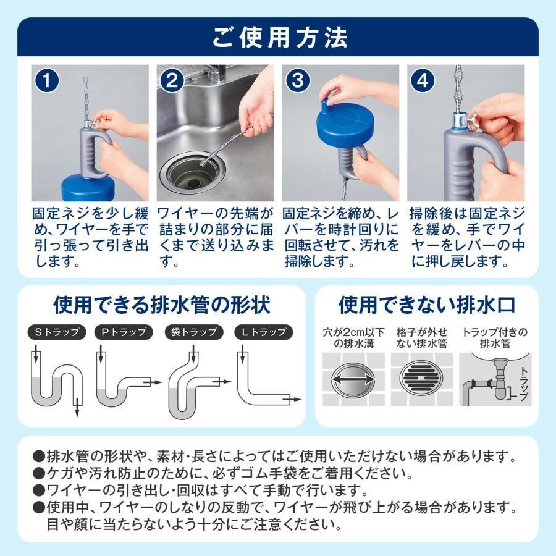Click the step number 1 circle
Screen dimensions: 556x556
point(46,81)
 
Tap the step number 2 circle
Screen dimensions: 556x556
point(172,81)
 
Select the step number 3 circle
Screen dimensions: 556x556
point(297,81)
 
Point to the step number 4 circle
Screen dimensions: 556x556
point(423,81)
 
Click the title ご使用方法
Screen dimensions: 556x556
point(279,38)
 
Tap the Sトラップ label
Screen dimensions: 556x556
point(57,332)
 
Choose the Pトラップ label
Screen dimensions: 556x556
point(124,332)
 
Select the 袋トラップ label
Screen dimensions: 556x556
point(194,332)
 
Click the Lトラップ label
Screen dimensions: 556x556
point(263,332)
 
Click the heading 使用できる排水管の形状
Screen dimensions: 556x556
point(162,305)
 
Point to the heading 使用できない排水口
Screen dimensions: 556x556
point(427,305)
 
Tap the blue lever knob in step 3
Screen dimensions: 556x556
point(325,98)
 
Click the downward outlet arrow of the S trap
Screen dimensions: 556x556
point(77,408)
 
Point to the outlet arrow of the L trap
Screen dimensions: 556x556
point(293,399)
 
